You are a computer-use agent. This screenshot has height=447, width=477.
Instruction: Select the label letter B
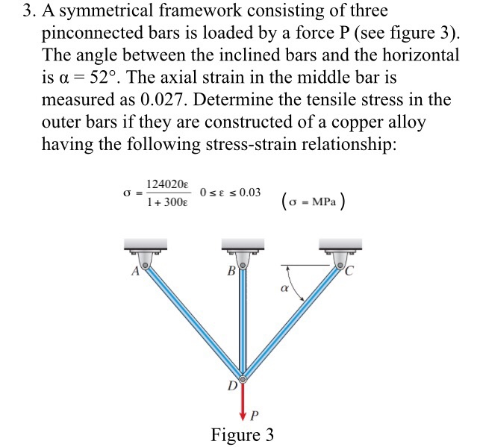coord(231,272)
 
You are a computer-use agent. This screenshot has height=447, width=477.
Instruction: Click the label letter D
coord(231,387)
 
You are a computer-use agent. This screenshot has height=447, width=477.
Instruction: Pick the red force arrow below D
coord(242,402)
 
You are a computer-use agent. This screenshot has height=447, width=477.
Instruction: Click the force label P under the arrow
coord(255,415)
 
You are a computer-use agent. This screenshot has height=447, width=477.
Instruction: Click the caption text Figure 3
coord(242,434)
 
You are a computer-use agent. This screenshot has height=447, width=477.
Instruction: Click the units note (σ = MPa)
coord(313,200)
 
